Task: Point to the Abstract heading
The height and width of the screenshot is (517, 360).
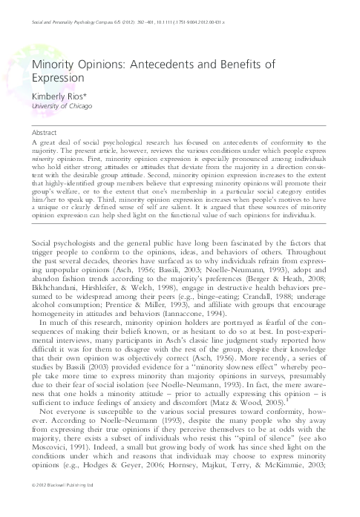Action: click(x=47, y=131)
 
